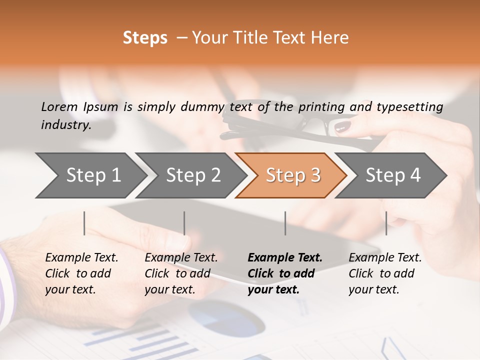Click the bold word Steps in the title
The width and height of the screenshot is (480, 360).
coord(145,38)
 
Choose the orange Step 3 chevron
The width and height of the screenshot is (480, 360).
coord(293,175)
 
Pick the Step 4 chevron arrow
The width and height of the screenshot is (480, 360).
coord(393,175)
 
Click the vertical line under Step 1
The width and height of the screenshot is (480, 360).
coord(84,223)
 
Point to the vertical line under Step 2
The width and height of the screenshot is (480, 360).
coord(184,223)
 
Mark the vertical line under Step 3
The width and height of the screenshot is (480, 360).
coord(285,223)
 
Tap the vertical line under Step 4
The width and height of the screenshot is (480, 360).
coord(386,223)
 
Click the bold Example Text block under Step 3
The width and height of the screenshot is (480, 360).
coord(285,273)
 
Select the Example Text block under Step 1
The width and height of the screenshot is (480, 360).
coord(81,273)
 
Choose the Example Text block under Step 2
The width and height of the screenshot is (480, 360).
coord(181,273)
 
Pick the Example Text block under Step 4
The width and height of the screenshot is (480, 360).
coord(385,273)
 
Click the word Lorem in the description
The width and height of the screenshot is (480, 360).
coord(59,106)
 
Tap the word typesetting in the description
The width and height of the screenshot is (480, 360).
coord(409,107)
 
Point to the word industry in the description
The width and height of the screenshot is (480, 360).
coord(65,125)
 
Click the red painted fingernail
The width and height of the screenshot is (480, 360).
coord(343,127)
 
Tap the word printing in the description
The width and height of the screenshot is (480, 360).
coord(321,107)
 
